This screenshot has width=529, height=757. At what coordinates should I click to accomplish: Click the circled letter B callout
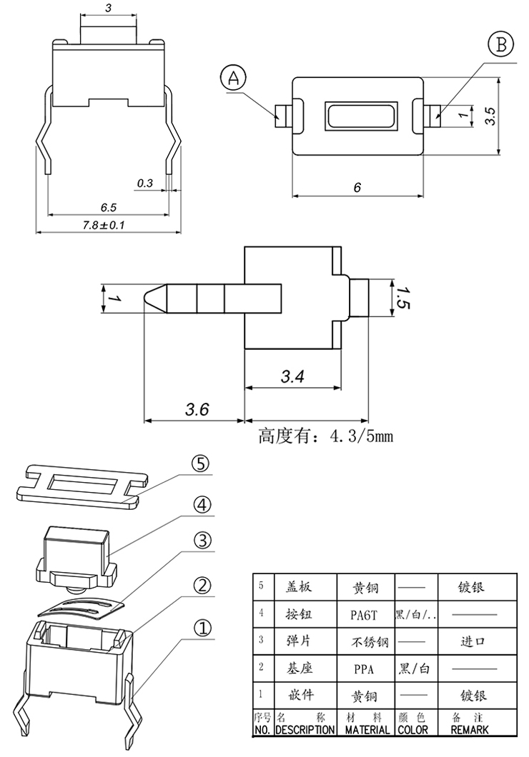click(500, 45)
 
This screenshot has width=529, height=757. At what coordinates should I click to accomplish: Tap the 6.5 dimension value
click(109, 207)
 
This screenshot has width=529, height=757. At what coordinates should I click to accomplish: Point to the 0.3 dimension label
click(144, 184)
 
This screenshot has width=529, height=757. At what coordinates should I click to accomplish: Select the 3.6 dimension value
click(197, 410)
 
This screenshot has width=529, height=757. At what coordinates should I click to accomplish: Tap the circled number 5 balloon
click(201, 465)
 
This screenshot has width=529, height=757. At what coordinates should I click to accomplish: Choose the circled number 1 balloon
click(203, 628)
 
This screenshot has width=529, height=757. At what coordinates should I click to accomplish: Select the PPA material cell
click(364, 670)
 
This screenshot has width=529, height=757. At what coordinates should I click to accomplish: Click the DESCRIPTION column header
click(305, 730)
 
